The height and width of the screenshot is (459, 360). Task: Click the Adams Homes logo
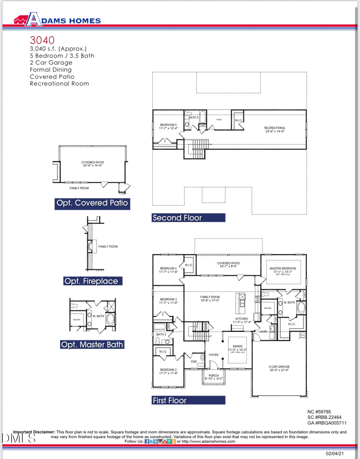pos(57,20)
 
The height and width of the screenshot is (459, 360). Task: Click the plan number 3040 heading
pos(42,40)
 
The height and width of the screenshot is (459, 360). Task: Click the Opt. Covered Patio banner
pos(92,203)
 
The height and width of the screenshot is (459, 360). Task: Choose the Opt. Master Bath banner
pos(92,344)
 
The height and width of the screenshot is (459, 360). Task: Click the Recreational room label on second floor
pos(275,128)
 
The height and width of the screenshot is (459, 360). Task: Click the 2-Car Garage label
pos(279,367)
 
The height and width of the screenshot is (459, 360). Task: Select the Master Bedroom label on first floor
pos(283,268)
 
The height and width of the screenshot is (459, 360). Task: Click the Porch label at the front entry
pos(214,375)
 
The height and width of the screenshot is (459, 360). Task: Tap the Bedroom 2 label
pos(168,369)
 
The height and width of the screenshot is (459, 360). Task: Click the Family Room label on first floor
pos(210,297)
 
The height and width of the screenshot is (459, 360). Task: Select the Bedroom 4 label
pos(168,268)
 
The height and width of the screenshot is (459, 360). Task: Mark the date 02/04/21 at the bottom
pos(335,453)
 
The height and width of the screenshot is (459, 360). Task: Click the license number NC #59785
pos(319,411)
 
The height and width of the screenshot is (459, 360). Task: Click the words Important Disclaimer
pos(34,432)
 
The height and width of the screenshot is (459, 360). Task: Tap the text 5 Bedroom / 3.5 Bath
pos(62,56)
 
